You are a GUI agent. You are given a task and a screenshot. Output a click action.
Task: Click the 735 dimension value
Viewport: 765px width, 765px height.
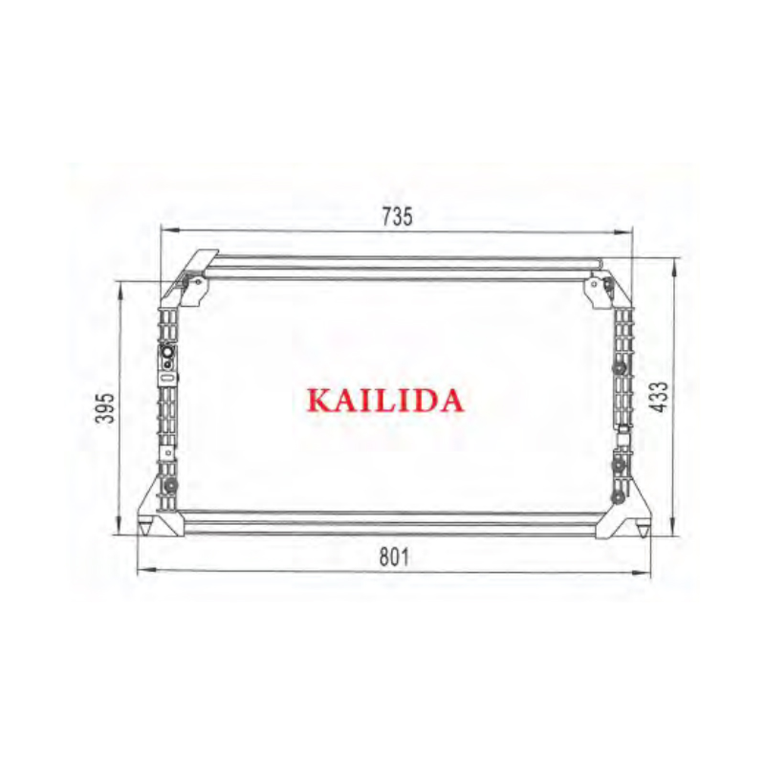(x=397, y=217)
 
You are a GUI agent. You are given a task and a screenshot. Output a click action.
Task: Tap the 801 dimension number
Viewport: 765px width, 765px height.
(x=395, y=557)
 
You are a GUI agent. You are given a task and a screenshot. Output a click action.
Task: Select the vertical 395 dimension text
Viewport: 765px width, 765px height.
(x=105, y=407)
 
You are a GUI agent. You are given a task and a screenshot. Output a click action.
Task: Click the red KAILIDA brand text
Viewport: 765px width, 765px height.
(x=385, y=401)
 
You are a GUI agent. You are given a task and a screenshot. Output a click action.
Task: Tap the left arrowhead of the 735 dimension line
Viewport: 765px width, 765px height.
(x=170, y=230)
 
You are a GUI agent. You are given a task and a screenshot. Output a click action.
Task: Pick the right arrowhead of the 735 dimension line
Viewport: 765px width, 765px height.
(x=623, y=232)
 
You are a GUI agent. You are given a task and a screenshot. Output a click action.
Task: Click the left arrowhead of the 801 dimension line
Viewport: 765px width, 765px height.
(x=147, y=569)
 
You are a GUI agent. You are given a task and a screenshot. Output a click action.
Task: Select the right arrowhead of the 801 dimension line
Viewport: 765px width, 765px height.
(x=642, y=572)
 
